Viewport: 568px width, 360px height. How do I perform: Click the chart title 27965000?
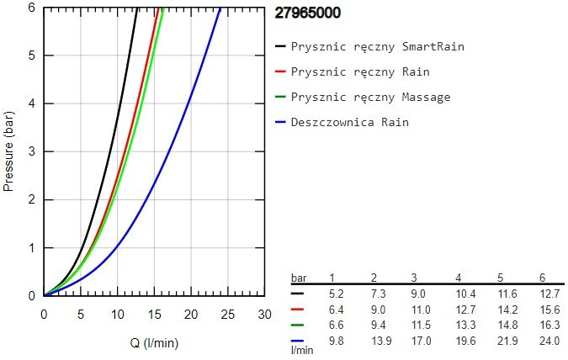[x=308, y=13]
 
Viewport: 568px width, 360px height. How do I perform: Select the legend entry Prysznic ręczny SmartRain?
[x=377, y=46]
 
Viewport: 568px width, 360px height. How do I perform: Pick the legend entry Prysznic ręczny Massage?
[x=370, y=97]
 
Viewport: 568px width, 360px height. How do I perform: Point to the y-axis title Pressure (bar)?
[x=10, y=150]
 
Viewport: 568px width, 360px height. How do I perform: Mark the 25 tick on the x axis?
[x=228, y=314]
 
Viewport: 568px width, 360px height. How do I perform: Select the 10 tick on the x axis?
[x=118, y=314]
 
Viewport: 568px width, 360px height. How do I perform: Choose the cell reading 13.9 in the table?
[x=379, y=340]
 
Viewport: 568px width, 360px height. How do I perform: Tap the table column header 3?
[x=414, y=278]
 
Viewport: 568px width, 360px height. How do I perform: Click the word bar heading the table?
[x=299, y=278]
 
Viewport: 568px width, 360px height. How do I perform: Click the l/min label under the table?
[x=302, y=349]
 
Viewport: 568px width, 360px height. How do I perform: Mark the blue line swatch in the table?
[x=297, y=340]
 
